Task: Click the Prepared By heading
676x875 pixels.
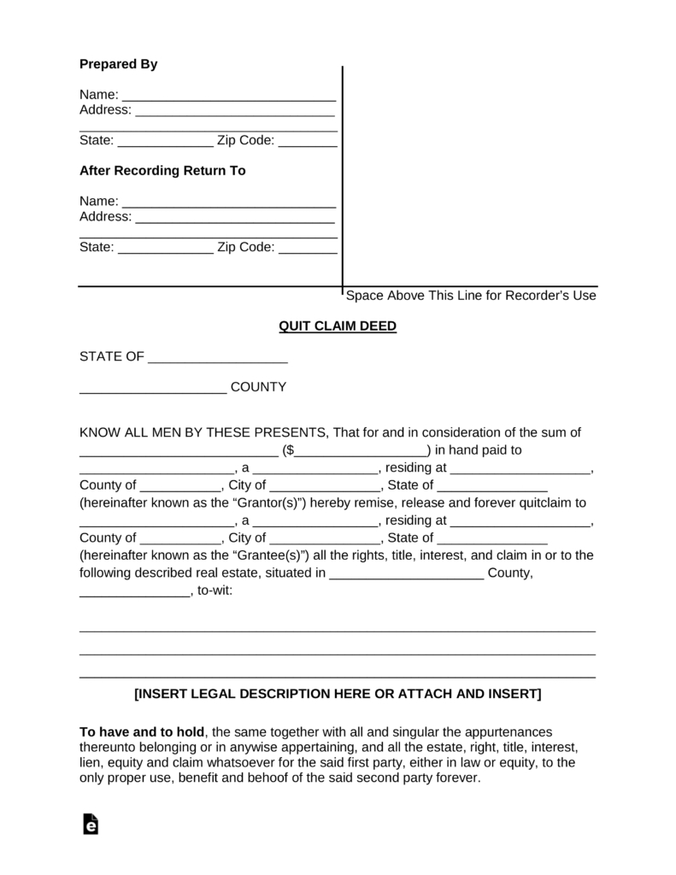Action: click(x=118, y=64)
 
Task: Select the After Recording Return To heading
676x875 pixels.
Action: click(x=162, y=170)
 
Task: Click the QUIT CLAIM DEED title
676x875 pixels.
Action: click(x=338, y=326)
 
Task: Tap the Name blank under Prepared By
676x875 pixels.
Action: click(x=228, y=95)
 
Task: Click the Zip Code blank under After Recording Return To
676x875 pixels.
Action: click(x=308, y=248)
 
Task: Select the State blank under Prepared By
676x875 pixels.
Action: click(x=165, y=141)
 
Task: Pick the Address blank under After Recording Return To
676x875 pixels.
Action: click(x=235, y=217)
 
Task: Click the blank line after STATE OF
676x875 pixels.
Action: click(x=218, y=358)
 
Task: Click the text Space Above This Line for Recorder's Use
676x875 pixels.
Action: click(x=470, y=296)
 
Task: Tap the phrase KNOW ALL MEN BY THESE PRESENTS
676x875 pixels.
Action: click(x=203, y=432)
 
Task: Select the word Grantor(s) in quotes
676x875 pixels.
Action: click(x=264, y=502)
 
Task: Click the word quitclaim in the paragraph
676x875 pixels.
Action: click(x=546, y=502)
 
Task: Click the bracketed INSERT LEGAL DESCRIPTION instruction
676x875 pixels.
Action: click(x=338, y=694)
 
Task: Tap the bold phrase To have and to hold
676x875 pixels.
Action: click(x=142, y=732)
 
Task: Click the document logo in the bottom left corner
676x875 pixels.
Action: click(x=91, y=824)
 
